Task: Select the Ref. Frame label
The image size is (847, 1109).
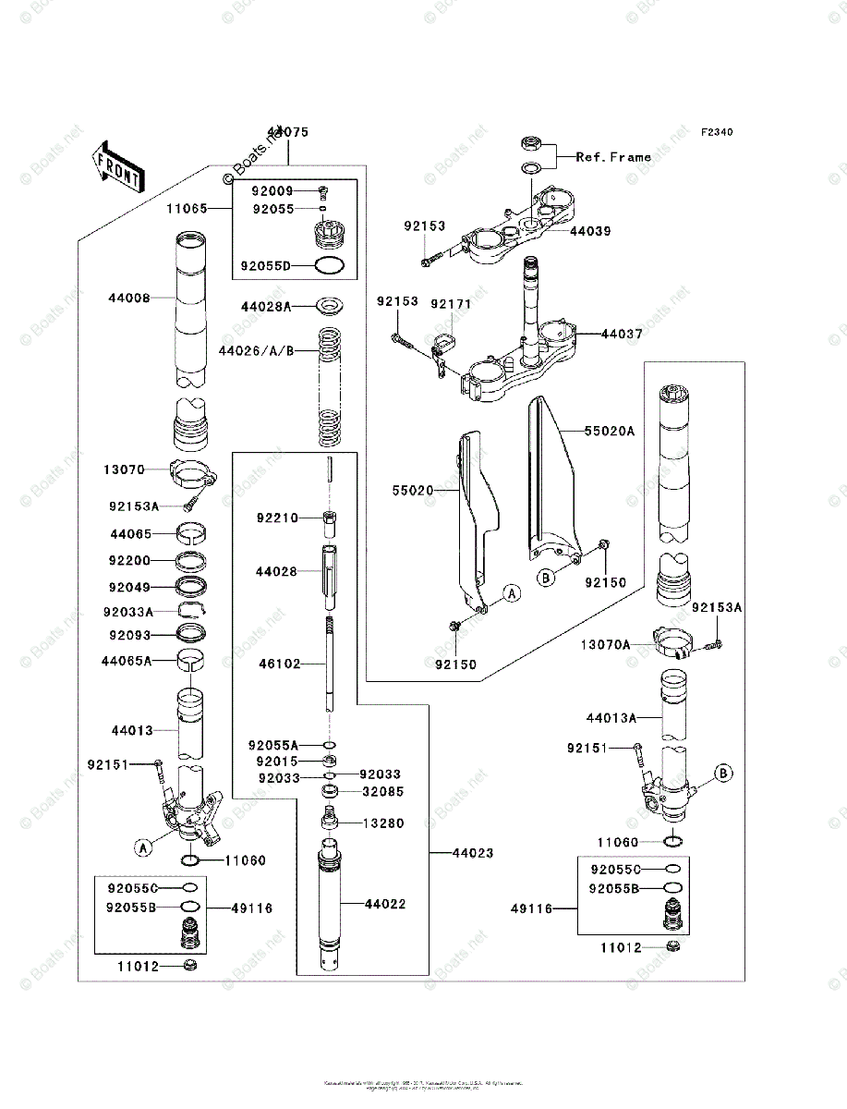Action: pyautogui.click(x=613, y=157)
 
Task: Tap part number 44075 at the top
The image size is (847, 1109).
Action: pyautogui.click(x=287, y=133)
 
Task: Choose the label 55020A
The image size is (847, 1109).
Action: pyautogui.click(x=609, y=431)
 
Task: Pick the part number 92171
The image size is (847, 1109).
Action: pyautogui.click(x=451, y=302)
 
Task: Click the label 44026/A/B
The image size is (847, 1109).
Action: pyautogui.click(x=256, y=351)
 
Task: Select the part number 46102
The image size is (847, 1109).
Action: pyautogui.click(x=280, y=664)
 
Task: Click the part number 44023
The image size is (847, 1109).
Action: pyautogui.click(x=472, y=853)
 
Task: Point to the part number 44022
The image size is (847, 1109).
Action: pyautogui.click(x=384, y=904)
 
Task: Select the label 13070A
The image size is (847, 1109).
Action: pyautogui.click(x=605, y=644)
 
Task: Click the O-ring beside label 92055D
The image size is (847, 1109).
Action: pyautogui.click(x=332, y=266)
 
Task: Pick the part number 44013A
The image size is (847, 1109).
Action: pyautogui.click(x=611, y=718)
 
